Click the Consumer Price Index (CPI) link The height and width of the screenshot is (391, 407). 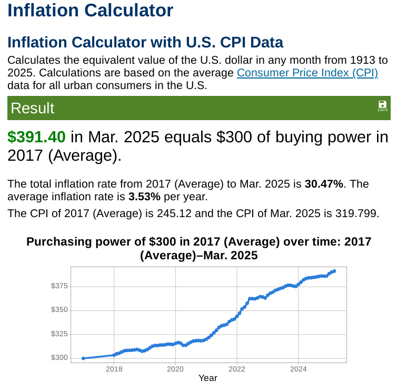pos(307,73)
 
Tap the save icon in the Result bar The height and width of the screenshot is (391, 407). pos(382,105)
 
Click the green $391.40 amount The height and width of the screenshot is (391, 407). pos(36,137)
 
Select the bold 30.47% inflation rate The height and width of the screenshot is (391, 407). pos(324,184)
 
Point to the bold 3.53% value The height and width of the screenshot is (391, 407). pos(144,197)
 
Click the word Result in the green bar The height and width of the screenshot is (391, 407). pos(32,108)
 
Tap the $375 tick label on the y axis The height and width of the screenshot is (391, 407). pos(59,286)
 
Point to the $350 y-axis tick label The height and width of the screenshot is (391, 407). pos(59,310)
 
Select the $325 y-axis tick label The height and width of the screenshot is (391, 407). pos(59,334)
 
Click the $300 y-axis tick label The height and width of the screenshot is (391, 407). pos(59,358)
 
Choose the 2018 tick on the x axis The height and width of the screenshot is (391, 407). pos(114,369)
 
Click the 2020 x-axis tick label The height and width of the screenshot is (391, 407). pos(175,369)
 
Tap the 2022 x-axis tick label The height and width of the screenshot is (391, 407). pos(237,369)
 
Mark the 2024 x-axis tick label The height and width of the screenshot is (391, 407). pos(299,369)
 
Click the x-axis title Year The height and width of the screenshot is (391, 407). pos(208,378)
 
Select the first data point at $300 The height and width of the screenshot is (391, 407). pos(83,358)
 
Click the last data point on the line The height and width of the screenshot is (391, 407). pos(334,271)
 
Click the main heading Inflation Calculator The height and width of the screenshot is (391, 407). pos(90,10)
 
